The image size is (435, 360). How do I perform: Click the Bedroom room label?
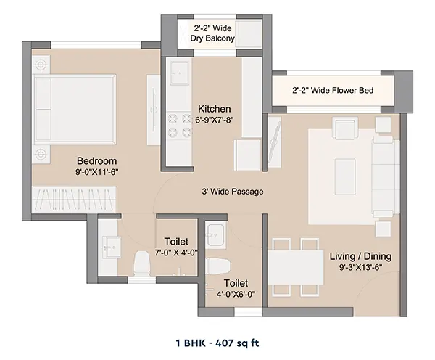[x=96, y=161]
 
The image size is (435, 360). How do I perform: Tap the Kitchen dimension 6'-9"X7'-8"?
[x=214, y=120]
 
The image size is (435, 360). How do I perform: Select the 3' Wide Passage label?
[x=233, y=192]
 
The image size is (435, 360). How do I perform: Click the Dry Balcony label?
[x=212, y=38]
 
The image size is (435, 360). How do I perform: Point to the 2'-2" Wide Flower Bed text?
[x=333, y=90]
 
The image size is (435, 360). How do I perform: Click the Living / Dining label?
[x=360, y=256]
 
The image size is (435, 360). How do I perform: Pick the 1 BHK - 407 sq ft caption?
[x=217, y=343]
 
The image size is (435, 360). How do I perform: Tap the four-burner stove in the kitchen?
[x=180, y=126]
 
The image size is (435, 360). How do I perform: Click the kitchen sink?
[x=180, y=73]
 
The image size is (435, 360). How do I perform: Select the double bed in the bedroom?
[x=75, y=109]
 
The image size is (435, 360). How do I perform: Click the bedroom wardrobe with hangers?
[x=74, y=200]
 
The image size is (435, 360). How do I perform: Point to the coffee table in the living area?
[x=345, y=176]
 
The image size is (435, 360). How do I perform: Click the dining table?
[x=296, y=267]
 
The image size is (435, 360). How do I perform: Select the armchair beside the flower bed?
[x=347, y=128]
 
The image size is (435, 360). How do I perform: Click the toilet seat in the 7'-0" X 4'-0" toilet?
[x=142, y=262]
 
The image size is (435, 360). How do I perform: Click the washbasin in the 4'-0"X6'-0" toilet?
[x=215, y=234]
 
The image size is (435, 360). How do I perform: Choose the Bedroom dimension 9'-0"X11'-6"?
[x=97, y=172]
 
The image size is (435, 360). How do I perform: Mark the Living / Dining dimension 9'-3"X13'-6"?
[x=360, y=268]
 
